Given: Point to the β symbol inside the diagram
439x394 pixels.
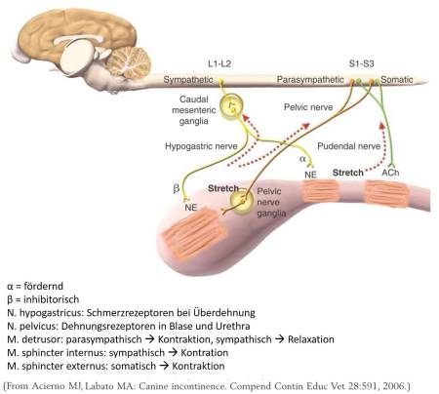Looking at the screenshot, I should pos(178,184).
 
